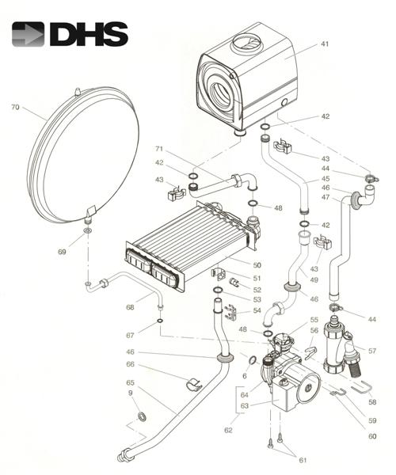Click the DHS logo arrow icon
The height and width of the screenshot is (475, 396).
[28, 34]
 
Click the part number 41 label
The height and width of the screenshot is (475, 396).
[325, 44]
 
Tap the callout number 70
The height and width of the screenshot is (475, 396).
[15, 107]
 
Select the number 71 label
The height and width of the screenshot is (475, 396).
[159, 149]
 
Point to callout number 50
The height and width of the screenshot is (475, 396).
[257, 265]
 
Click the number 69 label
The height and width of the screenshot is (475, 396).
[62, 252]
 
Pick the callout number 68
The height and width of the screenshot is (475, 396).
[130, 307]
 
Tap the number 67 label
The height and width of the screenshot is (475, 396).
[130, 336]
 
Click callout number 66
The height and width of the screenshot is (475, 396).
[130, 364]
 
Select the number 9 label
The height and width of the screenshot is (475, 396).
[130, 393]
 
